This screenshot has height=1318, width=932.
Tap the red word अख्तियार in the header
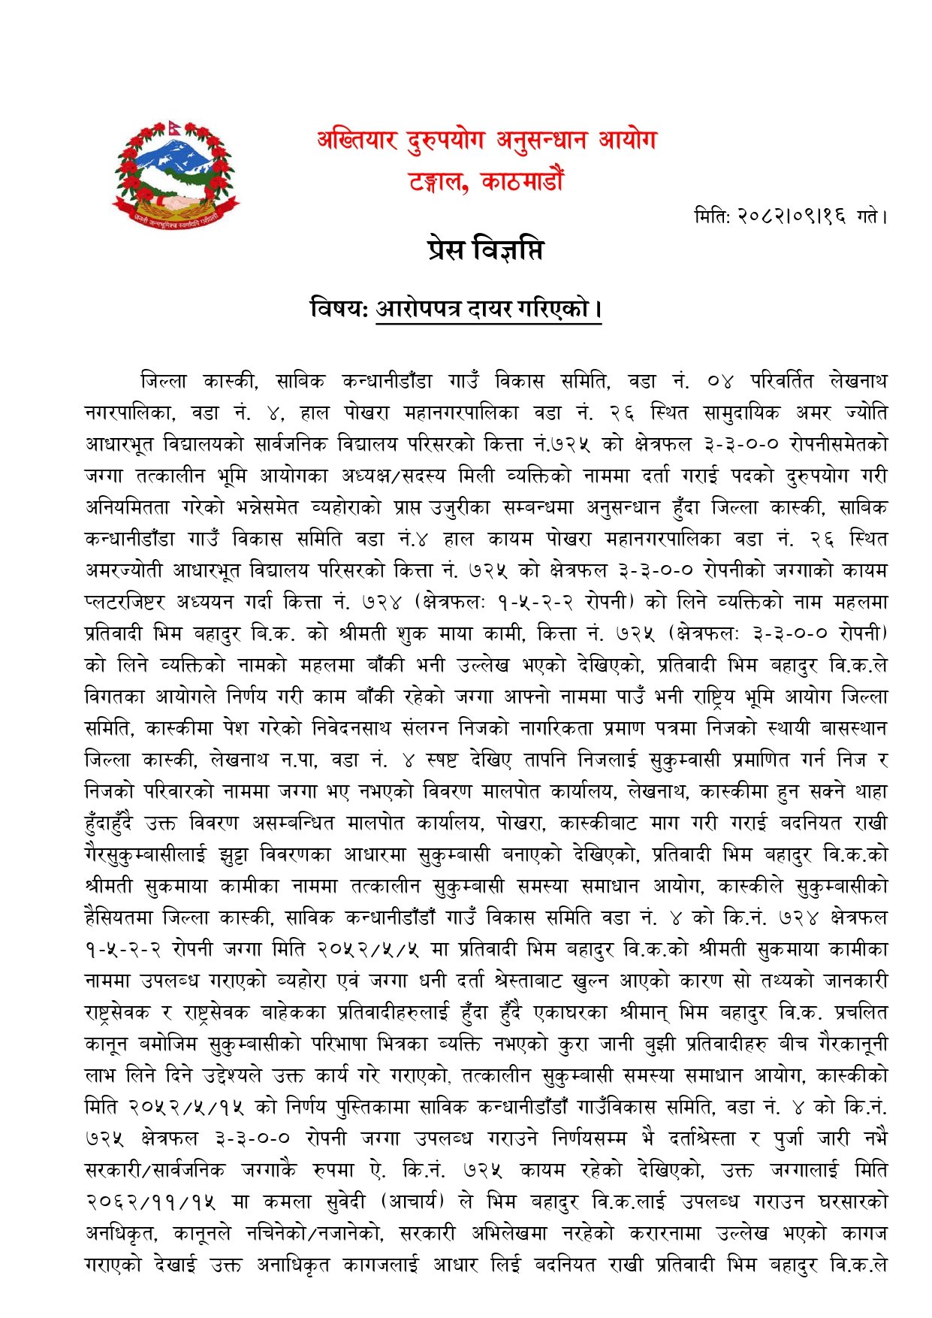click(x=357, y=140)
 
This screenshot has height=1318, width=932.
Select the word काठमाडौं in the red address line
click(x=523, y=181)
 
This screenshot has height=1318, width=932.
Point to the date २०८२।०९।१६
click(x=771, y=217)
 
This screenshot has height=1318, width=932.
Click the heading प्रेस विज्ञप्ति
click(x=485, y=250)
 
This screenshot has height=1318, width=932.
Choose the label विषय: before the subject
click(x=339, y=309)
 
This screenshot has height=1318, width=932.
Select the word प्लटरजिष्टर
click(x=124, y=602)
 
